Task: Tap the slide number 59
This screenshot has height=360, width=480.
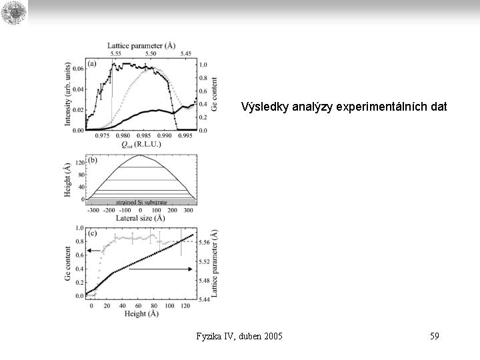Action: [434, 336]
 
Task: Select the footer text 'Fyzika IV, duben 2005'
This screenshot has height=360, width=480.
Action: [239, 336]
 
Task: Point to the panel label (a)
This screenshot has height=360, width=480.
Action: [91, 64]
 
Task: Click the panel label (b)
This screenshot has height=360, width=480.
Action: [92, 161]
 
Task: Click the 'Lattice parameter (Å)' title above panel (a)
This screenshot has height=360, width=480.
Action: [141, 45]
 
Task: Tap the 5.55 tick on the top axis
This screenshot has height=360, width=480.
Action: [115, 53]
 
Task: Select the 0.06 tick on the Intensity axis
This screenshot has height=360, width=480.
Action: [78, 69]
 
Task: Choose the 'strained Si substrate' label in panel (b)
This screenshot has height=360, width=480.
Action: [141, 201]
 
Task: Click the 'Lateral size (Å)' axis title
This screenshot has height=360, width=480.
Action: [141, 217]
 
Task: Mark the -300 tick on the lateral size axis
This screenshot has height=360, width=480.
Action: [93, 209]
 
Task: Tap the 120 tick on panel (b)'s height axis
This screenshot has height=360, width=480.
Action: [79, 163]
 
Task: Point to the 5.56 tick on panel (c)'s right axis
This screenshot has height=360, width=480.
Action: [205, 243]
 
